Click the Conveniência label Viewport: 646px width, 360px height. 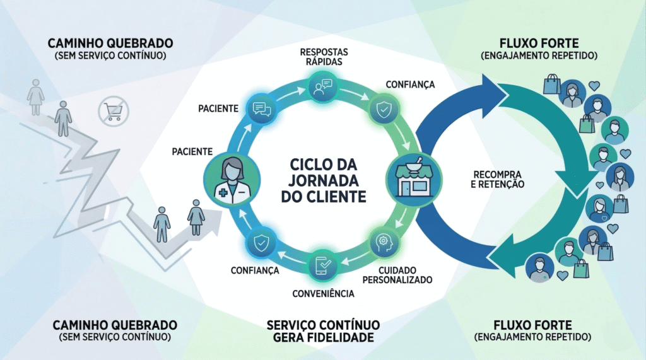tap(323, 293)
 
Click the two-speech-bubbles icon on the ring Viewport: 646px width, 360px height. tap(261, 108)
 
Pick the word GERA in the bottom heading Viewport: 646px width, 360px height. tap(289, 337)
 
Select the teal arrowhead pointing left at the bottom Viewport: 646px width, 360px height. tap(505, 259)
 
